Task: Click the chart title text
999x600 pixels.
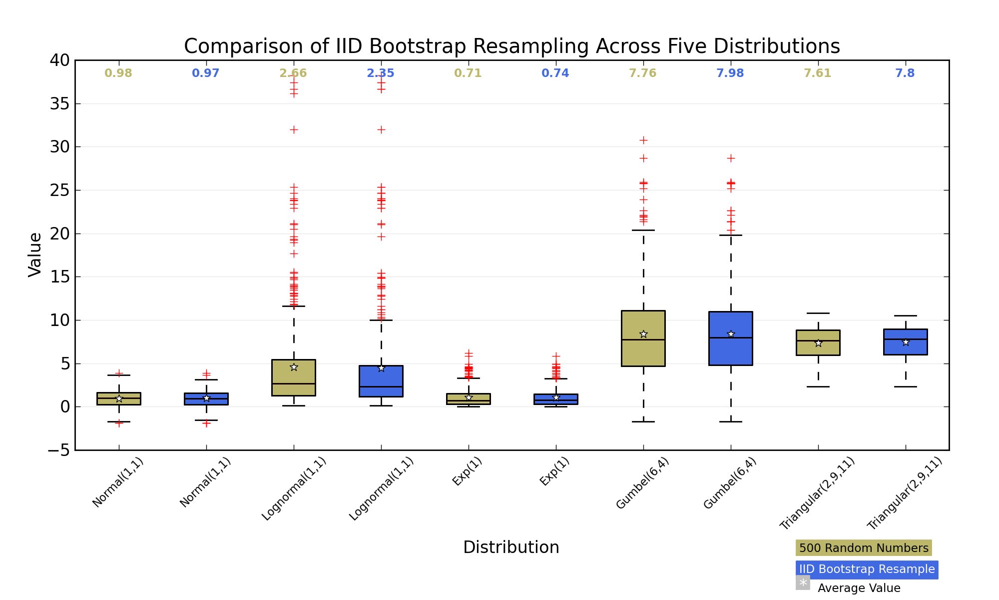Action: (x=512, y=46)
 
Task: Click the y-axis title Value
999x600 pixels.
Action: (x=35, y=254)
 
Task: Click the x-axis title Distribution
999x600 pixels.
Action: (x=511, y=547)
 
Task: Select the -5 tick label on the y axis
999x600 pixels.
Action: (x=59, y=450)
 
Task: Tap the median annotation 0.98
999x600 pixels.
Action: (x=118, y=73)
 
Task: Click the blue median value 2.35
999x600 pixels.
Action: (x=381, y=73)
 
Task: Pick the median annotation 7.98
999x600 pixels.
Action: (x=730, y=73)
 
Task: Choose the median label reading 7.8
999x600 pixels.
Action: (x=905, y=73)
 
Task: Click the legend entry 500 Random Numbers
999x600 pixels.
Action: (x=864, y=548)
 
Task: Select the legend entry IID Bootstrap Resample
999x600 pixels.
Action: (x=867, y=569)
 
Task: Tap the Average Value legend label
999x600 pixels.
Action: (x=859, y=588)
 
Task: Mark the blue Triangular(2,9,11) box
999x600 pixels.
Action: (x=906, y=342)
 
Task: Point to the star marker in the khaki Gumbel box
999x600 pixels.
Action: (x=643, y=334)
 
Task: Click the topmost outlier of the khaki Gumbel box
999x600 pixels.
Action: (x=643, y=139)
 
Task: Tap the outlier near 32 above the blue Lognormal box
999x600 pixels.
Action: (x=381, y=129)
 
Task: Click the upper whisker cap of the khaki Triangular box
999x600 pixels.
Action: (x=818, y=313)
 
